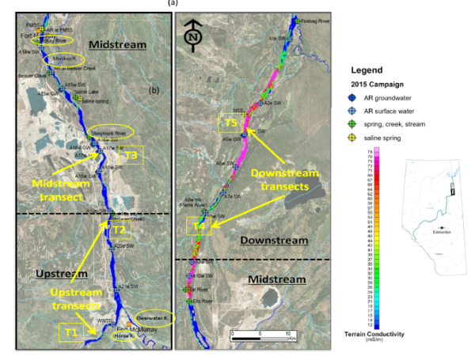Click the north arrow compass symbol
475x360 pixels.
[193, 36]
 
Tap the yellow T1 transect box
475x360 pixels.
[70, 333]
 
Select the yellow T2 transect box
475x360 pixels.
[118, 230]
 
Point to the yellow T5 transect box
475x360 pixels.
[230, 123]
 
